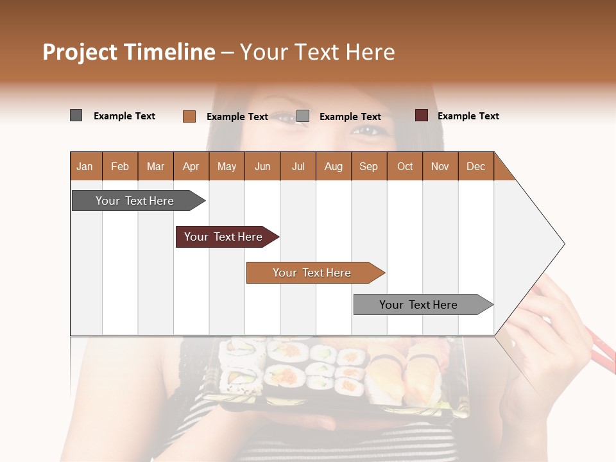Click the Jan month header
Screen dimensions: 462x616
[85, 166]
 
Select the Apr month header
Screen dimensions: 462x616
[191, 166]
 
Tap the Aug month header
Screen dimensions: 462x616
[333, 166]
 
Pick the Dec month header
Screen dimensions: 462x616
[475, 166]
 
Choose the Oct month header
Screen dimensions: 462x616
[404, 166]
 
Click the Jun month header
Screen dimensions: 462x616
[262, 166]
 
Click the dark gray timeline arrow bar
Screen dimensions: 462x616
[135, 201]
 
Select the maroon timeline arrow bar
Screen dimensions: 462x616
[224, 237]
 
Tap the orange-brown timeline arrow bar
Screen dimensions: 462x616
[312, 273]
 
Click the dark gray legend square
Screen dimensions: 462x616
[76, 116]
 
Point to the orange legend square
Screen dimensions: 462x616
[189, 116]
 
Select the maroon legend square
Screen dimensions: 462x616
[421, 116]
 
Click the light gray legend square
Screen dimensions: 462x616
[303, 116]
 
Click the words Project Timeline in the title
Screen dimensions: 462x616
[128, 52]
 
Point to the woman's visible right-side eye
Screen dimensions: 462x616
[368, 131]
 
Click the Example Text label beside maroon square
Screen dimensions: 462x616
[468, 116]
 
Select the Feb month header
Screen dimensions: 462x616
[120, 166]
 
